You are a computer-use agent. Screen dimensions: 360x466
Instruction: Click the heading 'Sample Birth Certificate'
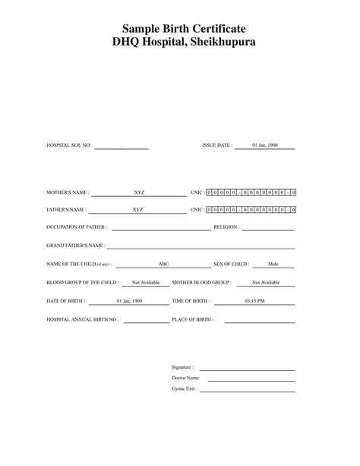point(179,29)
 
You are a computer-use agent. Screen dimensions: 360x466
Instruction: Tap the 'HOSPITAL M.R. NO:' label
point(69,144)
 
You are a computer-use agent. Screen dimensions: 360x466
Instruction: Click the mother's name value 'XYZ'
point(139,193)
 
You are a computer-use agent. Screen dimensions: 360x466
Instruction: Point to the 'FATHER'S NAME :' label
point(67,210)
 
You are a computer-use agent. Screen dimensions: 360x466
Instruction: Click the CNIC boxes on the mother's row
point(251,193)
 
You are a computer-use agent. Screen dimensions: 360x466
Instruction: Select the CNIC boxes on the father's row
point(251,210)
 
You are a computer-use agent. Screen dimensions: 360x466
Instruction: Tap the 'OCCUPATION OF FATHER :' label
point(77,227)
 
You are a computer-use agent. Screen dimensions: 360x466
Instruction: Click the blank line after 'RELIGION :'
point(267,228)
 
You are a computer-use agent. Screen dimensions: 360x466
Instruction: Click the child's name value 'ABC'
point(163,265)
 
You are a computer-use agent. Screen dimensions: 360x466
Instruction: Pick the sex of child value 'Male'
point(273,265)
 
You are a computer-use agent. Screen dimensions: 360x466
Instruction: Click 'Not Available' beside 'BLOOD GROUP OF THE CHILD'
point(146,283)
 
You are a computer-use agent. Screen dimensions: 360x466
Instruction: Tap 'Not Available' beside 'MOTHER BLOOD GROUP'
point(266,283)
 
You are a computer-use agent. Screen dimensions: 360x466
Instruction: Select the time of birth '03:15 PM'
point(254,301)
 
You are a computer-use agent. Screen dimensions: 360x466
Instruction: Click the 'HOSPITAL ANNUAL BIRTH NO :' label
point(84,320)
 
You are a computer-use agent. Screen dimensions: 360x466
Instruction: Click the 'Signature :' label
point(182,366)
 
